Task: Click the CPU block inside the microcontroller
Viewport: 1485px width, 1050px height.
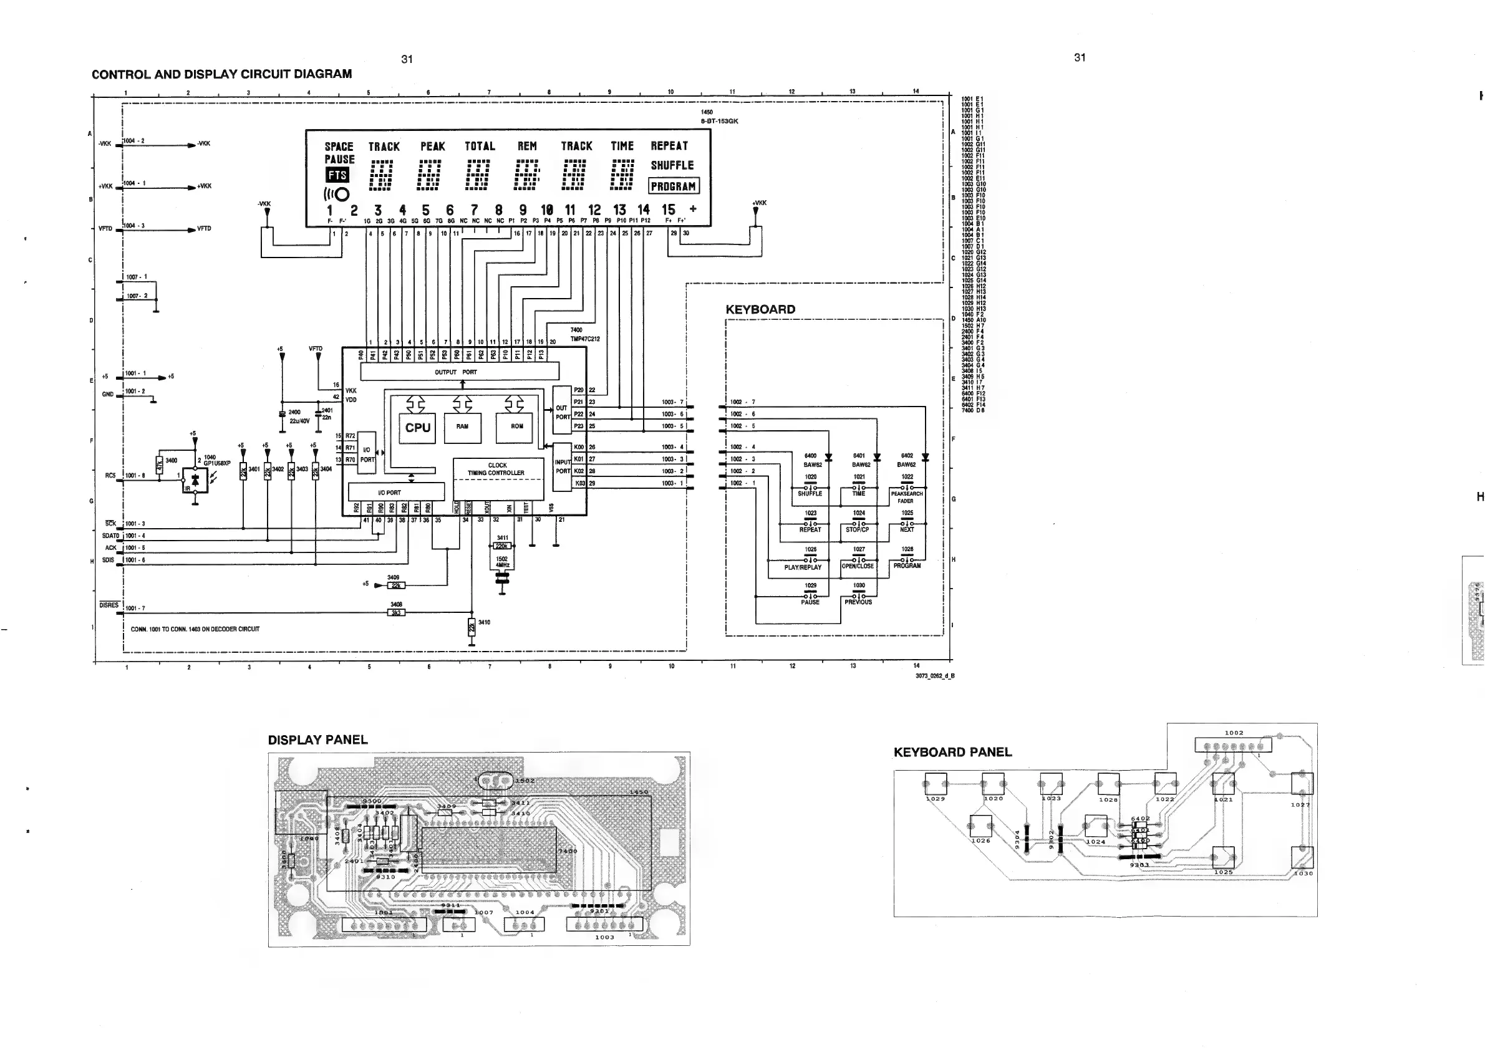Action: point(418,427)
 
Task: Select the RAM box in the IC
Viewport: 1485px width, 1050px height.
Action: point(462,426)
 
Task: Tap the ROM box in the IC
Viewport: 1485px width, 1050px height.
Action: point(517,426)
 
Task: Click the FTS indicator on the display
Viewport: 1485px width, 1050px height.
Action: point(337,175)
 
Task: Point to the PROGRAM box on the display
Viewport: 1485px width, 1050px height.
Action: point(674,186)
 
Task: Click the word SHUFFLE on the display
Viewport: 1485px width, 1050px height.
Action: point(672,165)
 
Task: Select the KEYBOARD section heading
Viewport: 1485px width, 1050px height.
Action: point(760,310)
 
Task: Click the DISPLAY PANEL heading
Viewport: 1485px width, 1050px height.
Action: point(317,740)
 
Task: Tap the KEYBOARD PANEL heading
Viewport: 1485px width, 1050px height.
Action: point(952,753)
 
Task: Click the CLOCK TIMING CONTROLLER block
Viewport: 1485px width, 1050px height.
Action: point(496,470)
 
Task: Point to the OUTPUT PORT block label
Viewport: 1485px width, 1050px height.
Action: point(455,372)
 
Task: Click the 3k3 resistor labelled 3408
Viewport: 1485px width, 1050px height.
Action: point(396,612)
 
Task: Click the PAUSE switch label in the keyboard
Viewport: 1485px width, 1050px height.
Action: point(810,602)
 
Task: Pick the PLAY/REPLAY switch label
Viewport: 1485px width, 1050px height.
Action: point(803,567)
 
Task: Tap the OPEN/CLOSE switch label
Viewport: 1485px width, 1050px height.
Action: point(858,566)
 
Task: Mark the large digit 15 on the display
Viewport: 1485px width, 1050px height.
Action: point(668,210)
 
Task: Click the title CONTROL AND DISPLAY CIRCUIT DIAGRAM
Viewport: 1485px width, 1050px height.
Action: point(222,74)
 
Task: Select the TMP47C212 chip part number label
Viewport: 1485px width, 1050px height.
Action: point(584,339)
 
